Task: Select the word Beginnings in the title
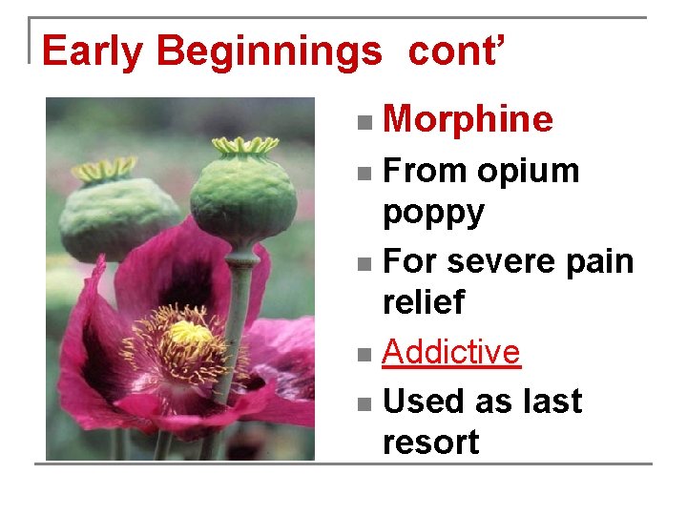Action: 268,51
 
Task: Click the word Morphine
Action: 468,119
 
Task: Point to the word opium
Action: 529,171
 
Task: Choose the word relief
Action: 423,302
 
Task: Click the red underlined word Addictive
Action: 450,352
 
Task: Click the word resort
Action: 430,442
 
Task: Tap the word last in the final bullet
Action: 548,402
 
